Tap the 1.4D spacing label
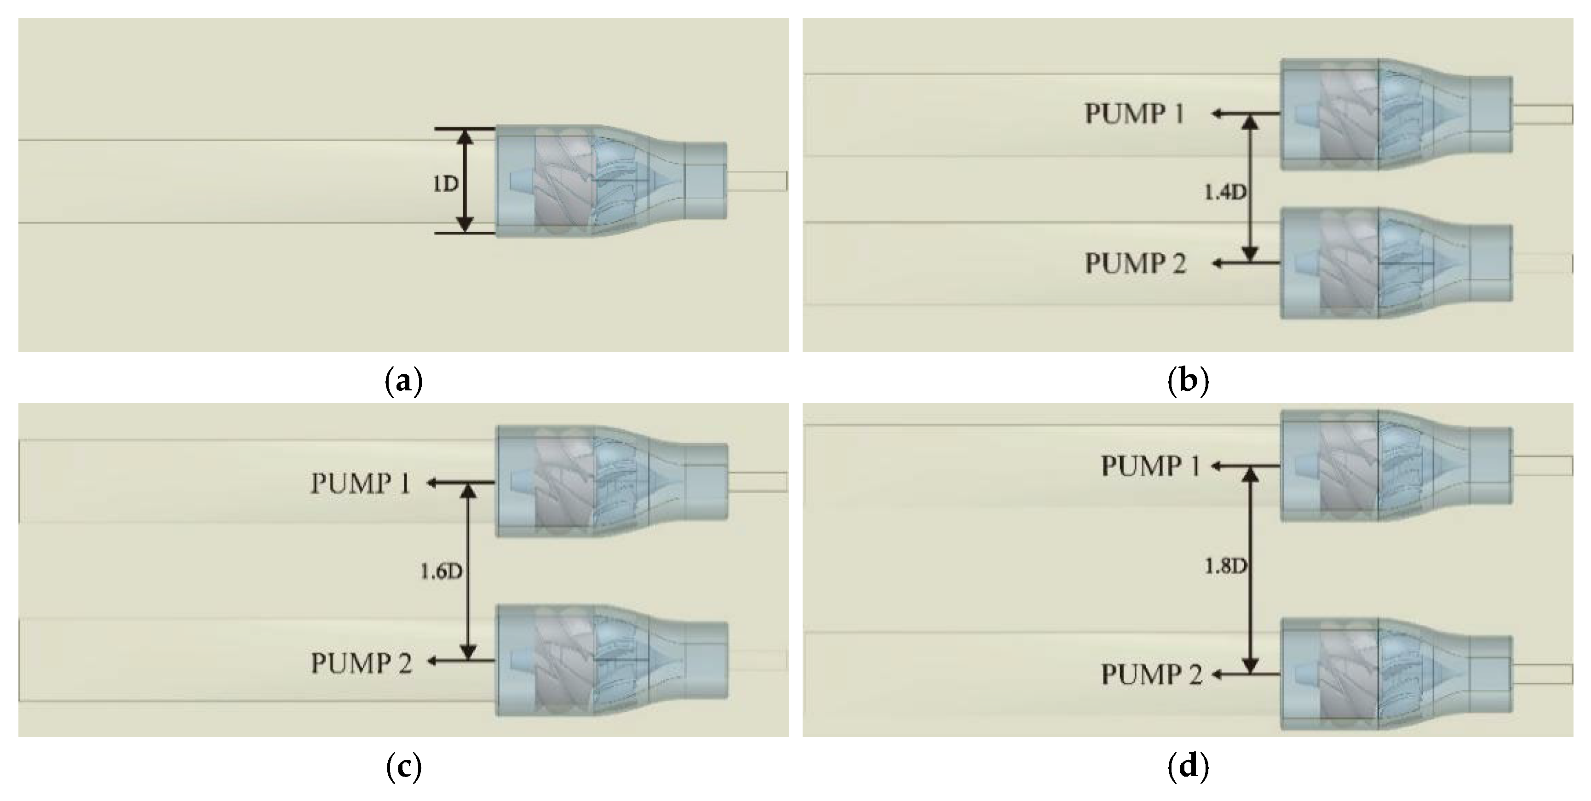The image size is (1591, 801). tap(1224, 193)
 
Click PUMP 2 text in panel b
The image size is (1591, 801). tap(1135, 264)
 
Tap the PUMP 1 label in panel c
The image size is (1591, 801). tap(360, 484)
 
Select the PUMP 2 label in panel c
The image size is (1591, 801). tap(361, 663)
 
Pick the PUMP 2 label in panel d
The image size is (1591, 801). tap(1152, 675)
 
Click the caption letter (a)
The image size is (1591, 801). tap(404, 382)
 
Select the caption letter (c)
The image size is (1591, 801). tap(404, 767)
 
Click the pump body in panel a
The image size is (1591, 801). tap(593, 182)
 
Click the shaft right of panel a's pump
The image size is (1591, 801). tap(757, 181)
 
